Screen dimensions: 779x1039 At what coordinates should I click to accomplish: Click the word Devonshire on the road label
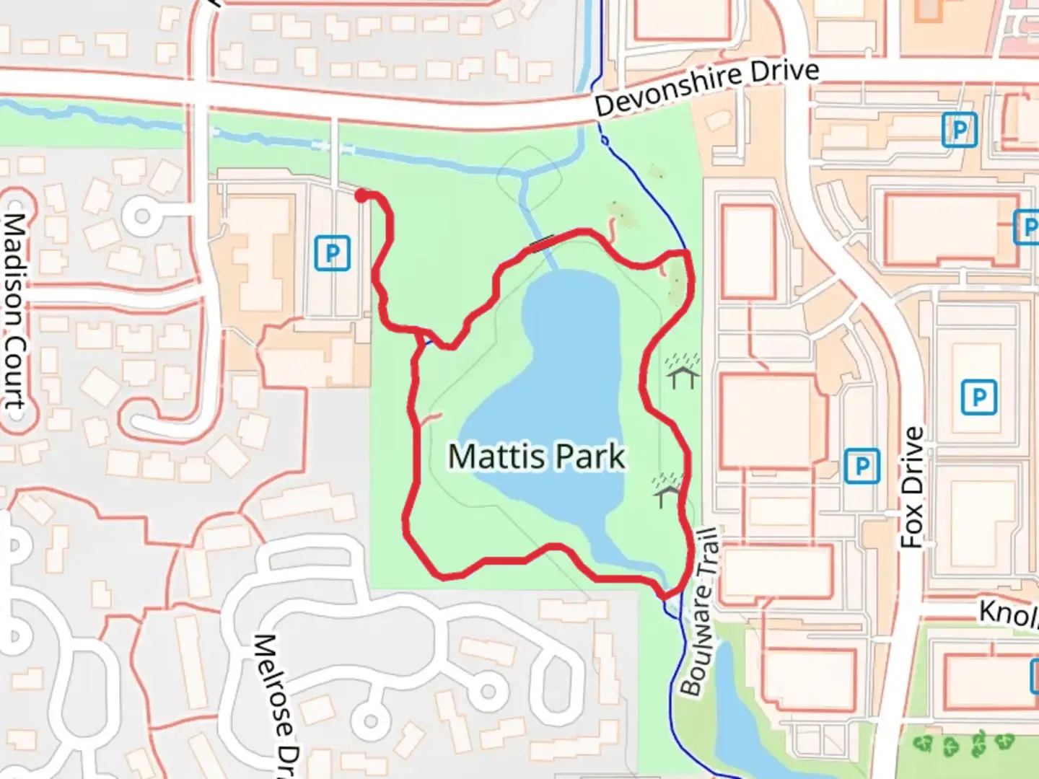[x=668, y=91]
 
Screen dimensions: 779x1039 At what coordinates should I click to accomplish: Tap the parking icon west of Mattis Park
[x=332, y=253]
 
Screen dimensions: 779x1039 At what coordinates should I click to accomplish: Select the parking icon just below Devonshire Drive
[x=959, y=131]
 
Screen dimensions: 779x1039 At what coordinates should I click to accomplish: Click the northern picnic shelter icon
[x=682, y=371]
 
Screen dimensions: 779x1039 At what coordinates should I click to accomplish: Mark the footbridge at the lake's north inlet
[x=542, y=242]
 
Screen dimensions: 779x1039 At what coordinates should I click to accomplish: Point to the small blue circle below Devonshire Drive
[x=604, y=140]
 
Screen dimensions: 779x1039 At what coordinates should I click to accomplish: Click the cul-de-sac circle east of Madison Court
[x=142, y=215]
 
